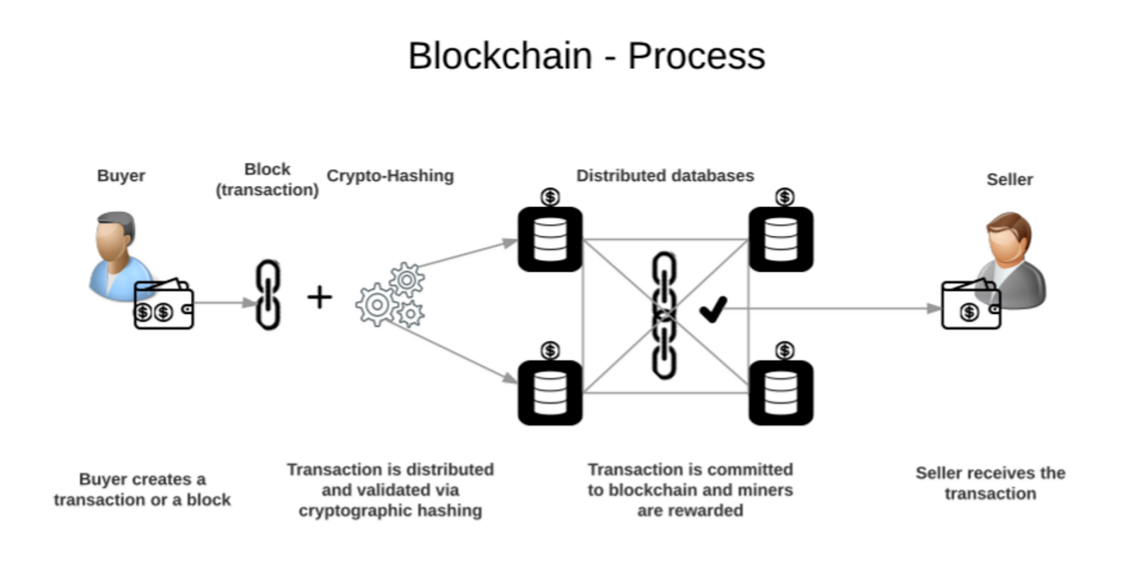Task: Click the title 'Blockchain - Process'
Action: (586, 56)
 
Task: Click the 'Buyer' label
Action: (121, 176)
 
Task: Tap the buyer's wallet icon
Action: (164, 306)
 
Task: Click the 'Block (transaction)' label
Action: (267, 179)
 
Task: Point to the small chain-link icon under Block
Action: (268, 295)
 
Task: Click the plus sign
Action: (319, 298)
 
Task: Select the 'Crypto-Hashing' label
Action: (390, 176)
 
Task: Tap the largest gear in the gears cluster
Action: (376, 305)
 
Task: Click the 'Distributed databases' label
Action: (665, 176)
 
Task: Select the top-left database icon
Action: (550, 239)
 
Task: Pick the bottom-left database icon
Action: (550, 393)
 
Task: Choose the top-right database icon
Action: (781, 239)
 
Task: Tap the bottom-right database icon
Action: (781, 393)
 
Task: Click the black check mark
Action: (713, 309)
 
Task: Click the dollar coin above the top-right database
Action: (784, 197)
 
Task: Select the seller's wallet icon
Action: (970, 305)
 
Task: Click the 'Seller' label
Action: (1009, 179)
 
